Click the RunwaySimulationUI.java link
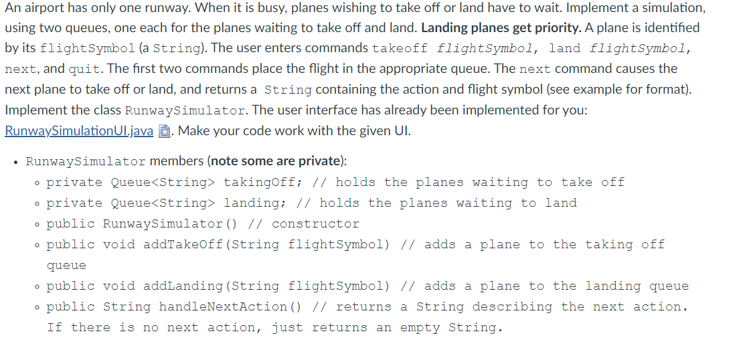coord(79,131)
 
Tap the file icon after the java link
coord(164,131)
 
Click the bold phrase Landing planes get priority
coord(501,27)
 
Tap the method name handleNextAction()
coord(231,306)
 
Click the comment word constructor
coord(316,224)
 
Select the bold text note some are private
coord(275,161)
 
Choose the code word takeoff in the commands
coord(400,49)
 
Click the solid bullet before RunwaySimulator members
coord(17,163)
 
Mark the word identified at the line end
coord(672,27)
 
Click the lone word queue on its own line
coord(66,266)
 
